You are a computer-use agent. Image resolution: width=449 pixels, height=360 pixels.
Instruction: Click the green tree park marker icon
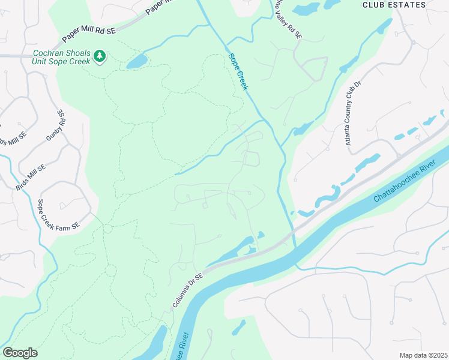click(x=100, y=57)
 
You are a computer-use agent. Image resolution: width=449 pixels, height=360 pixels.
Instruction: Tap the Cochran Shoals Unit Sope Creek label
click(x=61, y=57)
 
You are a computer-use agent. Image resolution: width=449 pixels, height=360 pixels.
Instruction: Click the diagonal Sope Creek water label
click(x=238, y=72)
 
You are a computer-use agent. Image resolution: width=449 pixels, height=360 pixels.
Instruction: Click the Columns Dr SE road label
click(x=188, y=289)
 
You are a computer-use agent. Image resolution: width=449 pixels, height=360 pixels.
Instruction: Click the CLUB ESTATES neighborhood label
click(x=394, y=5)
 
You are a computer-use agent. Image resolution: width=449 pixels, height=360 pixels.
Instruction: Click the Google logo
click(x=20, y=353)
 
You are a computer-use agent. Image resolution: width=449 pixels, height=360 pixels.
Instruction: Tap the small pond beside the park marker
click(x=136, y=61)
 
